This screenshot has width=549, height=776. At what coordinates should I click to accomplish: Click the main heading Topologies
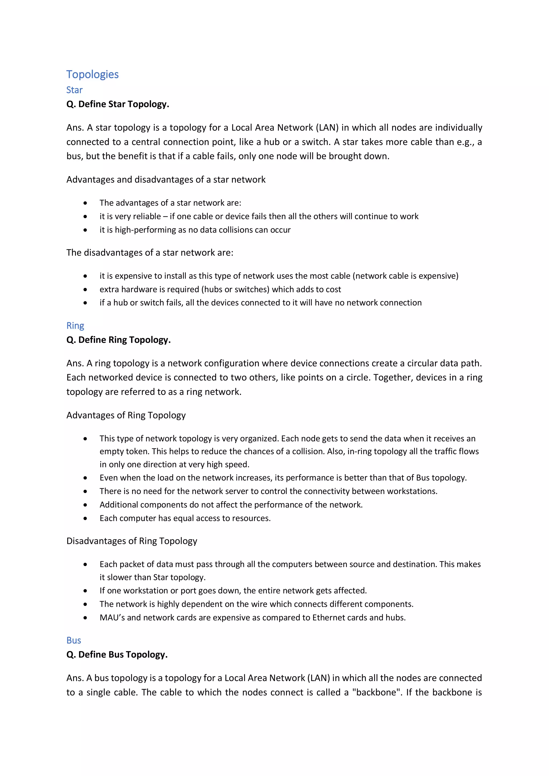[x=92, y=74]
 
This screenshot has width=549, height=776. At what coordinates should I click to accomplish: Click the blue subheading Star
[x=74, y=90]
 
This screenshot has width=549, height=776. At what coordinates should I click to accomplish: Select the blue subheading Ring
[x=75, y=325]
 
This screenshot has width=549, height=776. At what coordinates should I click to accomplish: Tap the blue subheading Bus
[x=74, y=640]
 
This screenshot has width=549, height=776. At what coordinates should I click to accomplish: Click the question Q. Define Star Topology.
[x=118, y=104]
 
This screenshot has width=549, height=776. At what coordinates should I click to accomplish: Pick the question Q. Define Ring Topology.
[x=118, y=340]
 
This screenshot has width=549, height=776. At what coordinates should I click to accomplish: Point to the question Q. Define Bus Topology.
[x=117, y=654]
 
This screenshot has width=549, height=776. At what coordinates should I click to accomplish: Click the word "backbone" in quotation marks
[x=376, y=692]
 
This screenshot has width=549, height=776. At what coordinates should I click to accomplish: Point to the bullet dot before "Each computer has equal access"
[x=85, y=518]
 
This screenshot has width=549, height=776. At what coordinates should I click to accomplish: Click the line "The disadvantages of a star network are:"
[x=150, y=253]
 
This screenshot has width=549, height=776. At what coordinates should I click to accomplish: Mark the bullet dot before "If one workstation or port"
[x=85, y=591]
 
